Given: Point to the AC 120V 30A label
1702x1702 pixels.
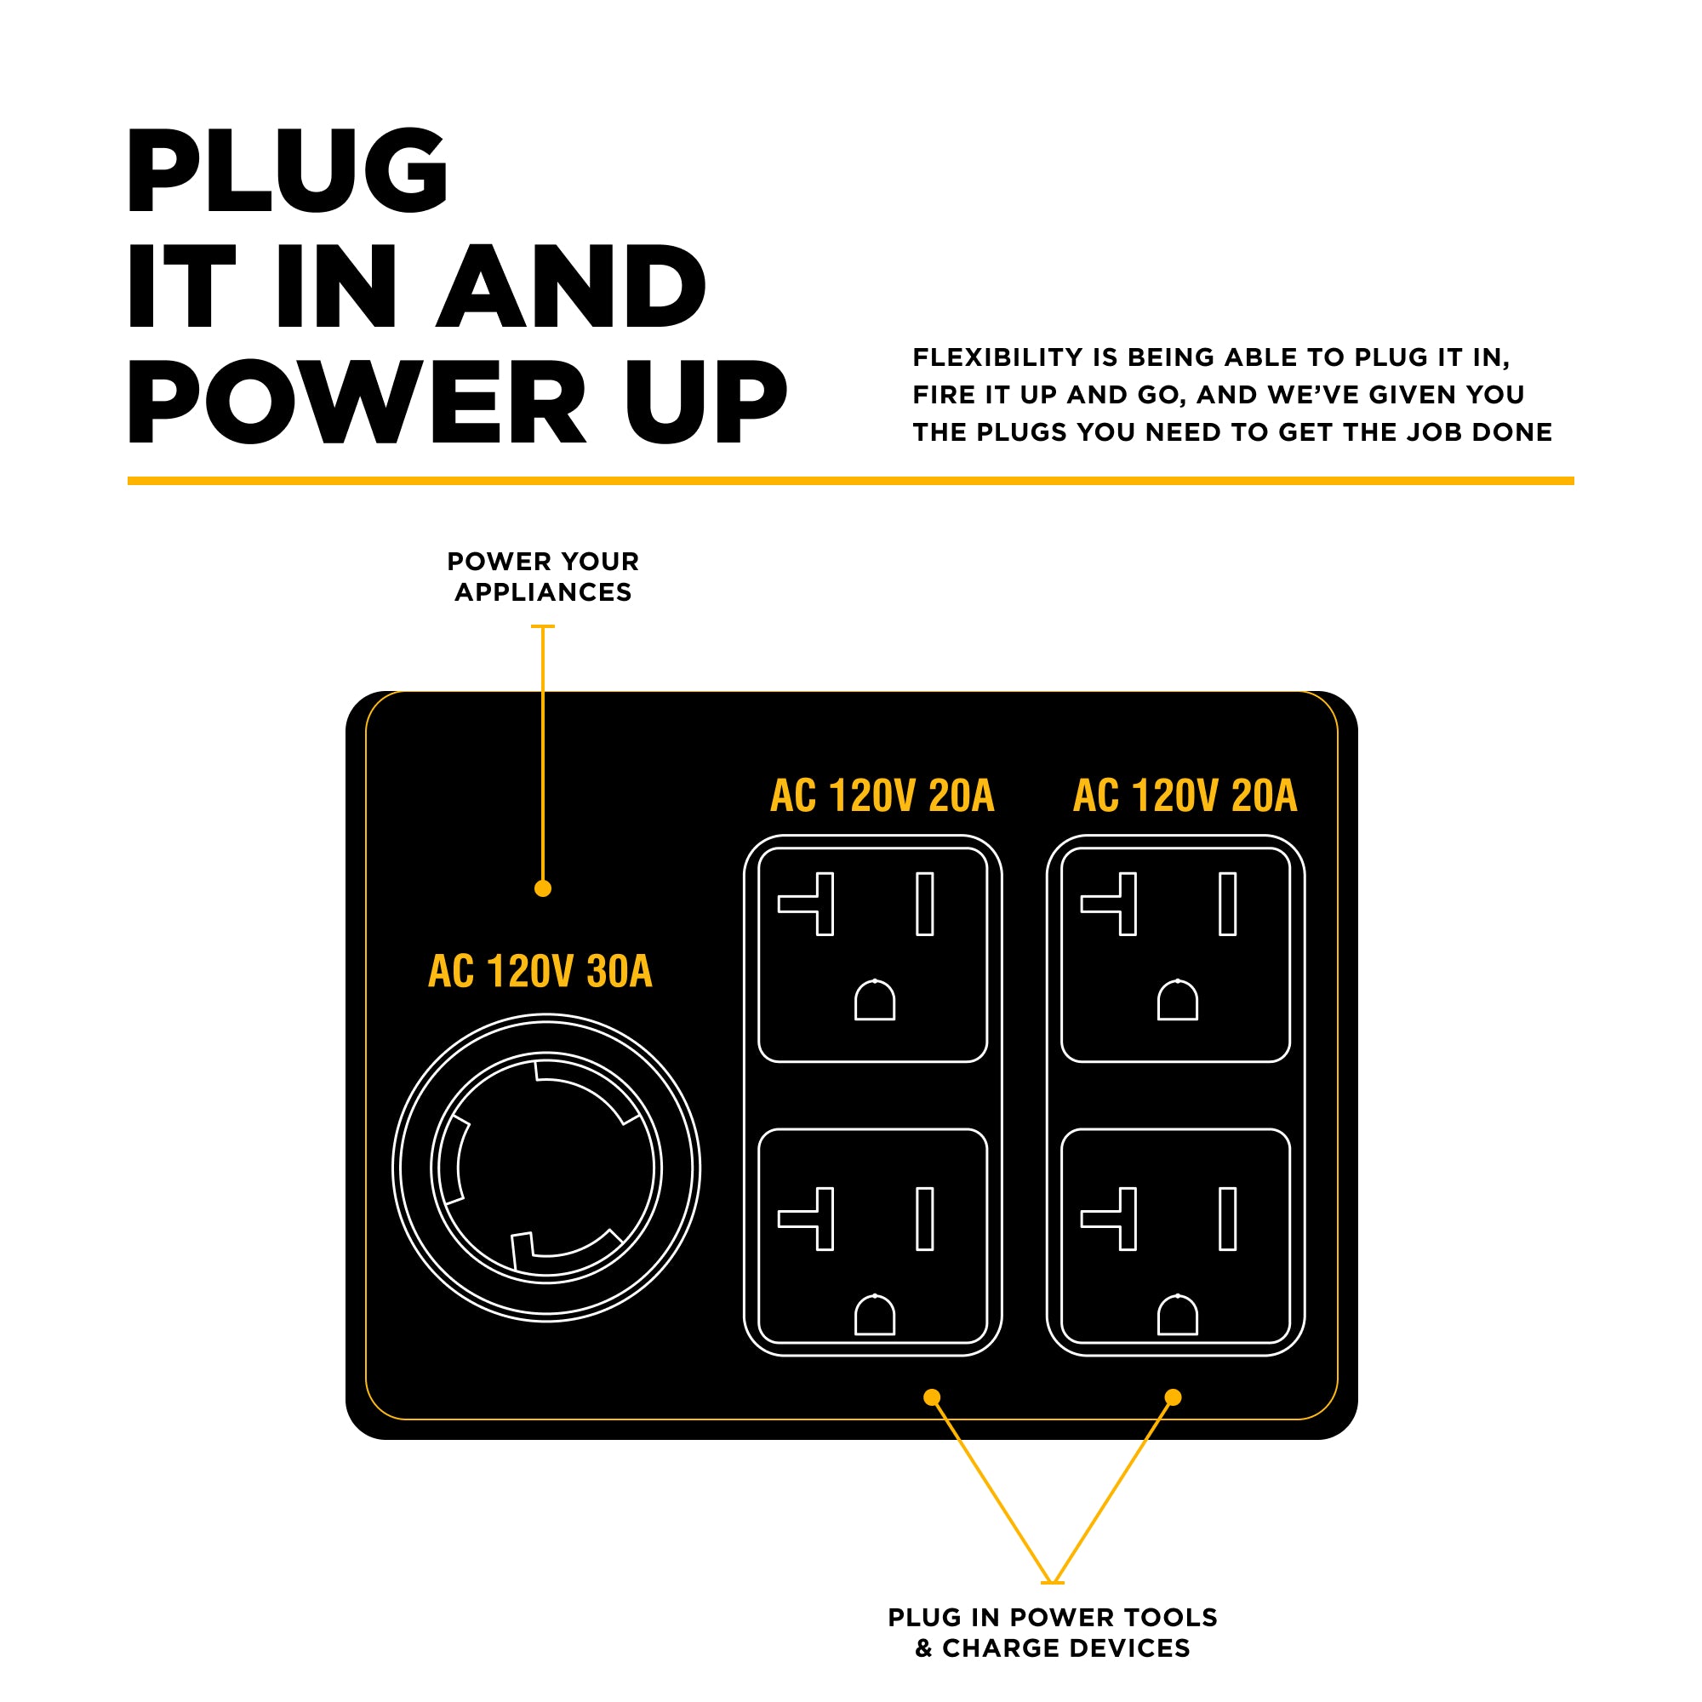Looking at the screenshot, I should pos(540,972).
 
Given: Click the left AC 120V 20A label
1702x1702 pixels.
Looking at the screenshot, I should pos(882,796).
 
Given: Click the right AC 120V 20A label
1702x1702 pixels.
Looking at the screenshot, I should pos(1185,796).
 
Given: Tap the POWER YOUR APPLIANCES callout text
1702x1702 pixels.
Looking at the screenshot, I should pos(543,577).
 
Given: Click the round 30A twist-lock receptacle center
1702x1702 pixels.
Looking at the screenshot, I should pos(546,1168).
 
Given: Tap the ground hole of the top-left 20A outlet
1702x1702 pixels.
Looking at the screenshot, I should pos(875,1002).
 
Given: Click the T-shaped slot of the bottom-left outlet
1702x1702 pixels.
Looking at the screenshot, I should pos(816,1220).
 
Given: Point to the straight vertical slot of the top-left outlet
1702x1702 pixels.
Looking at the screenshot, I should pos(925,904).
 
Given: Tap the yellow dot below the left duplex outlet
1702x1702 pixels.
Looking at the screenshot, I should pos(932,1397).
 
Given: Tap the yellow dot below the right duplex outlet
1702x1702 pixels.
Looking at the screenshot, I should pos(1173,1397).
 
